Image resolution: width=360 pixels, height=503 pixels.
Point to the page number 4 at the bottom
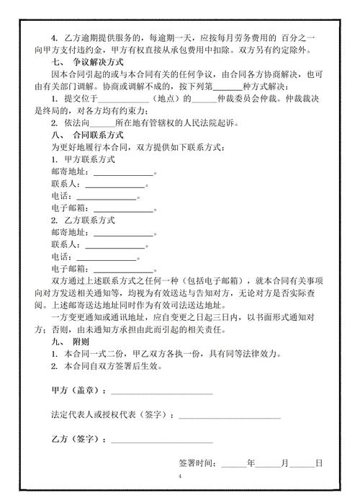pyautogui.click(x=180, y=478)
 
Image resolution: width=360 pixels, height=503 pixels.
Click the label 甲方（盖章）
pyautogui.click(x=79, y=391)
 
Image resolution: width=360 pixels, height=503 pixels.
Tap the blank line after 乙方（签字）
pyautogui.click(x=161, y=439)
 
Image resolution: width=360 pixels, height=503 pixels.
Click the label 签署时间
pyautogui.click(x=197, y=463)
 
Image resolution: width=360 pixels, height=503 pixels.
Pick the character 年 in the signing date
pyautogui.click(x=251, y=463)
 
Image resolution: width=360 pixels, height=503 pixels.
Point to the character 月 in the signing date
pyautogui.click(x=284, y=463)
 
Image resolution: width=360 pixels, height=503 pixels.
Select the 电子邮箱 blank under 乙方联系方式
pyautogui.click(x=123, y=269)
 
